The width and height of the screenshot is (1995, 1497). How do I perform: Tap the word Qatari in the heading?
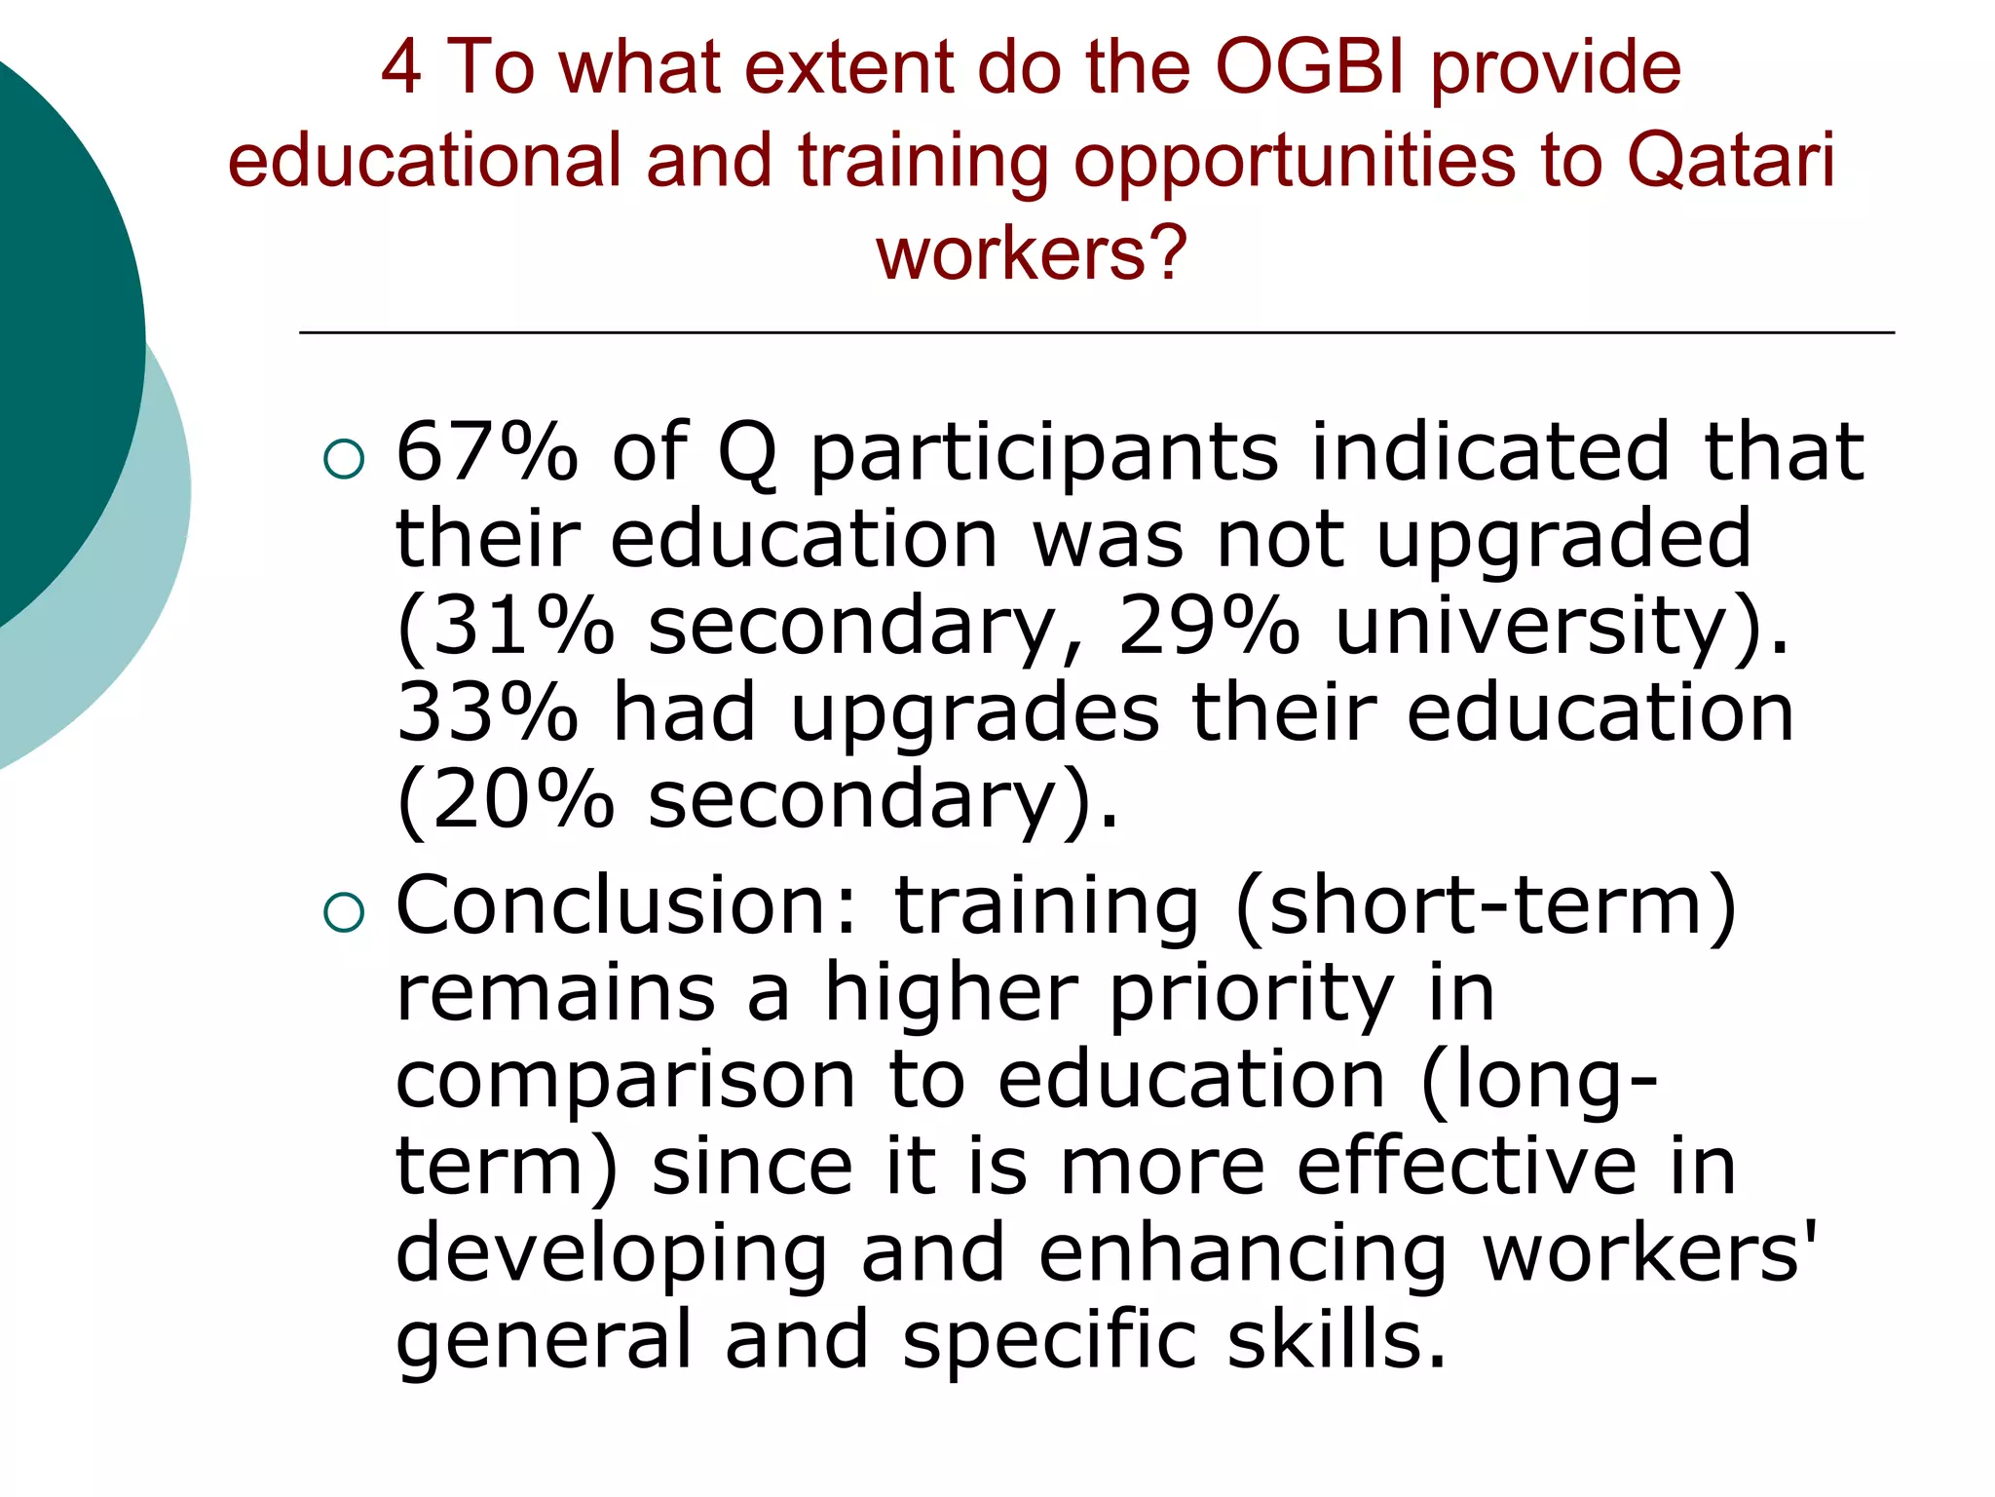1731,159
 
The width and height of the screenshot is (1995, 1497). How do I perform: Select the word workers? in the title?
1032,252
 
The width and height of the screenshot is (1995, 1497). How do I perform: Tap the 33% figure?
487,712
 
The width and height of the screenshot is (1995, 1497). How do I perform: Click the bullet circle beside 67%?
344,459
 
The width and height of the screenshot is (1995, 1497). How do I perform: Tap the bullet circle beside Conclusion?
344,912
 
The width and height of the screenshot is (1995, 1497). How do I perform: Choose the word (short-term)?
1486,905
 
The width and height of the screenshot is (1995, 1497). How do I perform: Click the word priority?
1252,993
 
